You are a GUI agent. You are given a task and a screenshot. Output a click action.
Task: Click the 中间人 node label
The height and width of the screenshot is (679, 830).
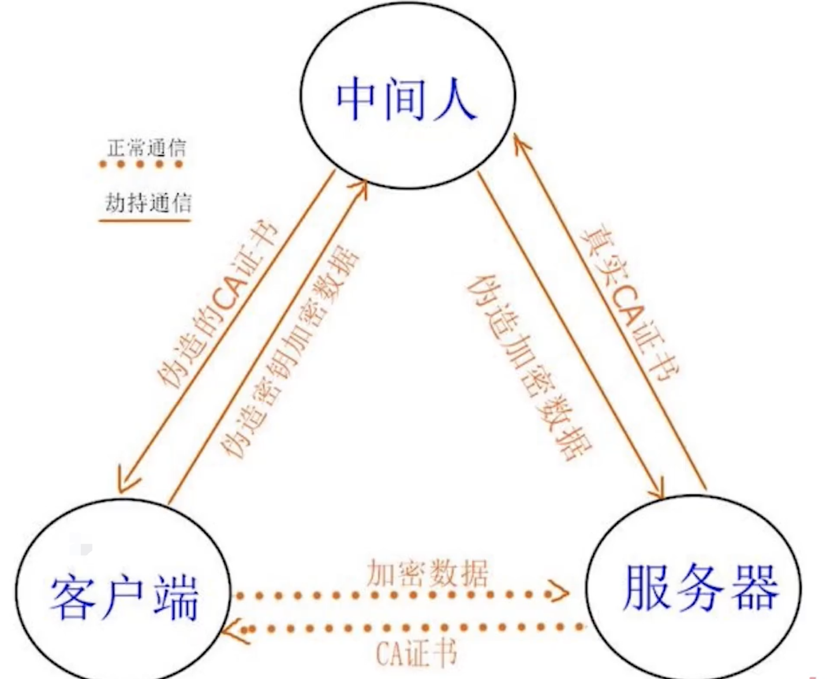click(x=406, y=99)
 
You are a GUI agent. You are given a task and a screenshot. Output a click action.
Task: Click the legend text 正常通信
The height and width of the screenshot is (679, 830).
click(x=146, y=148)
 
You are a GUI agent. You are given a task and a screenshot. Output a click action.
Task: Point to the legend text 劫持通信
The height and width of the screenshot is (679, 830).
click(x=148, y=203)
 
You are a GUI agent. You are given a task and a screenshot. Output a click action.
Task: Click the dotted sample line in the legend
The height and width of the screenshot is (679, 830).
click(x=141, y=165)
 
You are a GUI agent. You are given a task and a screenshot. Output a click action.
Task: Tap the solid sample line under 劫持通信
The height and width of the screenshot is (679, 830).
click(x=145, y=220)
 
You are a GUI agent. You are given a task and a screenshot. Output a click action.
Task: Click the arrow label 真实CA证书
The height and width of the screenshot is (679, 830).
click(x=631, y=302)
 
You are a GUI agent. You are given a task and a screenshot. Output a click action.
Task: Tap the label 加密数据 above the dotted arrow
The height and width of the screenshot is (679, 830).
click(x=427, y=573)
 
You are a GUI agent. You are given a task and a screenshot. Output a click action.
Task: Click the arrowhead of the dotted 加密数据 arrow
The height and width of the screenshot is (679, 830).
click(x=560, y=592)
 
